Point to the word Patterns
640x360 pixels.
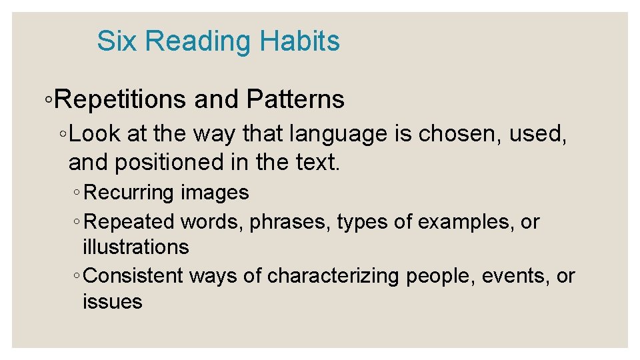[295, 99]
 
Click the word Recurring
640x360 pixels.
[129, 193]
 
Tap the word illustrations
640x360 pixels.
[135, 247]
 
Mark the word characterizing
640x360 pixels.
[332, 276]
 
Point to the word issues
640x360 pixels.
[112, 302]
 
